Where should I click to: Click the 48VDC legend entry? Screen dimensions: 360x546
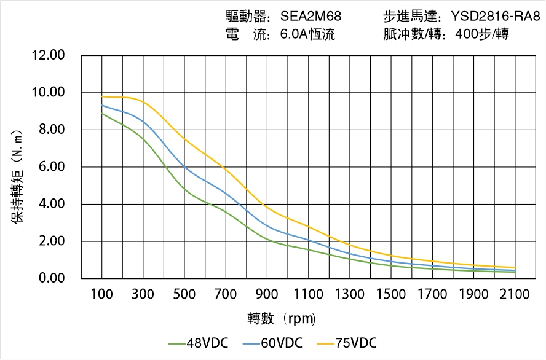coord(199,343)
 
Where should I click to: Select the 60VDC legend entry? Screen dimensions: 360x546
coord(272,343)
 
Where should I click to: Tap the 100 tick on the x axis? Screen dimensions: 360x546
coord(102,295)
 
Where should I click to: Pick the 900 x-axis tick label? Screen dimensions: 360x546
coord(267,295)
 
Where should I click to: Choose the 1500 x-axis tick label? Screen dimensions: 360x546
coord(391,295)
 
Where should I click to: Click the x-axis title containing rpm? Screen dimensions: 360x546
coord(281,318)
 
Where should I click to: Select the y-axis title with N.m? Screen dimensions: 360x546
coord(18,176)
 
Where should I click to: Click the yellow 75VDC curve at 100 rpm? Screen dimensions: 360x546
coord(102,96)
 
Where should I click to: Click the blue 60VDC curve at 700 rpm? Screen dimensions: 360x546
coord(226,194)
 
